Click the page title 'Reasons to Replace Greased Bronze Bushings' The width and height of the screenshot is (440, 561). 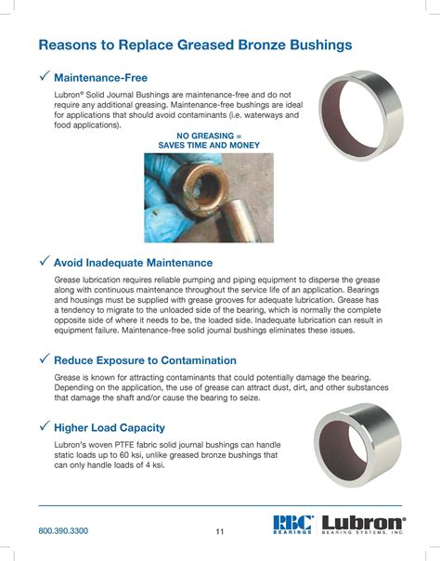coord(195,45)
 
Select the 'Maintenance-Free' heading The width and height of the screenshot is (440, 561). coord(100,77)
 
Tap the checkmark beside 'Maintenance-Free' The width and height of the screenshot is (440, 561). coord(44,76)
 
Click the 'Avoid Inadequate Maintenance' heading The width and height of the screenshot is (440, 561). coord(133,263)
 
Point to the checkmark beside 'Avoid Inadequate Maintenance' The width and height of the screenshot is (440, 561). coord(44,262)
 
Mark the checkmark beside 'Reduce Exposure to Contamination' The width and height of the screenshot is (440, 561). coord(44,359)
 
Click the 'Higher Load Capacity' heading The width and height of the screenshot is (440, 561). coord(110,427)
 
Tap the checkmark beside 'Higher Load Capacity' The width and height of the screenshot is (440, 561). coord(44,426)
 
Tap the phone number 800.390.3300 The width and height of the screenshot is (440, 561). coord(63,530)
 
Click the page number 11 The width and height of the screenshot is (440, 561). coord(220,531)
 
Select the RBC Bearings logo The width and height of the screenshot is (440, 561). coord(294,525)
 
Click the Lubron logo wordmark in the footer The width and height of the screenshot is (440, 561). coord(363,522)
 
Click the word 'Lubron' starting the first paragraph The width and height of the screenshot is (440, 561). coord(71,96)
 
